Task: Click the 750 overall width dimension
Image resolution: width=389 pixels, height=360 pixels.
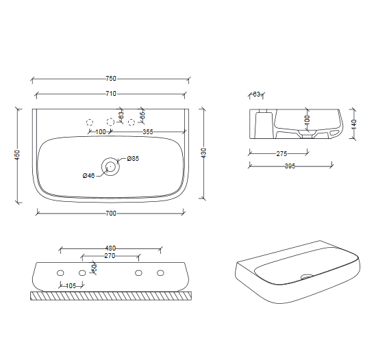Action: [x=111, y=79]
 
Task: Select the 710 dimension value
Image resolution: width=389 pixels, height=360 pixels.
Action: [x=111, y=94]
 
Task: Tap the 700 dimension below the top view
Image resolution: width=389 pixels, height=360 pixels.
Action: [x=111, y=214]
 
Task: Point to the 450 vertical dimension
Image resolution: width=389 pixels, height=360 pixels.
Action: [x=17, y=155]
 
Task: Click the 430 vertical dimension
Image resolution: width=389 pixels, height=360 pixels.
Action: [x=203, y=153]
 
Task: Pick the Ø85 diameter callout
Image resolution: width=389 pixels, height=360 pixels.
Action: [x=133, y=158]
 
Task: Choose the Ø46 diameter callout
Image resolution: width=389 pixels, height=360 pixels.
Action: [x=88, y=175]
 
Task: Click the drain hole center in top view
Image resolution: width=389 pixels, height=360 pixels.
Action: [x=110, y=166]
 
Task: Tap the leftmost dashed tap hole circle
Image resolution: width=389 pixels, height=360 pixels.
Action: [x=90, y=123]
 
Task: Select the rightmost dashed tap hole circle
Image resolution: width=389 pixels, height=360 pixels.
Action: [x=131, y=123]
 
